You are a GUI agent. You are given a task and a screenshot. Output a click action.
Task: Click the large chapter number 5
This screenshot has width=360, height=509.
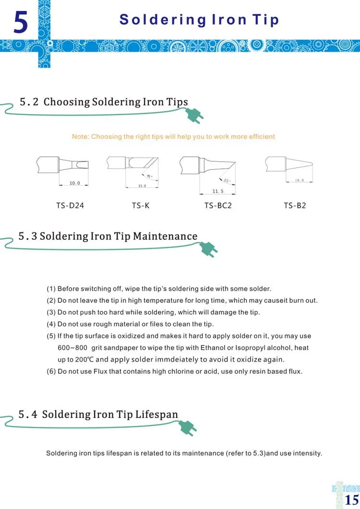[x=21, y=23]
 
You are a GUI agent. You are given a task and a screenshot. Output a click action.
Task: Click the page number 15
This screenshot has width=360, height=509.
[x=352, y=500]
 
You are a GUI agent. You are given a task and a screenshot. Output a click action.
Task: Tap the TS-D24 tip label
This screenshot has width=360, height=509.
[x=70, y=205]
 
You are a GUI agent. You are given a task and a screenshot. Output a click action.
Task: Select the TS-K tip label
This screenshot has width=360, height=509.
[x=141, y=205]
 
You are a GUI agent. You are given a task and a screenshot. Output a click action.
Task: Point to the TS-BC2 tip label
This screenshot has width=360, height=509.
[x=218, y=205]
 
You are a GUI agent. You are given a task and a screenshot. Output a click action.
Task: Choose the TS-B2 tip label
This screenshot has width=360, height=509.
[x=295, y=205]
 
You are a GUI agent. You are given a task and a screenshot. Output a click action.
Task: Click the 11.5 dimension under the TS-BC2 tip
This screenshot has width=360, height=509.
[x=218, y=191]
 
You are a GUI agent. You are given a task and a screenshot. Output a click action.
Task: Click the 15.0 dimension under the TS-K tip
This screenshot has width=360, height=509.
[x=142, y=186]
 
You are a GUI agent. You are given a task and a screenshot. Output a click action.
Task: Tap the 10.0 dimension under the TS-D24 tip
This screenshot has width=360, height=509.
[x=75, y=183]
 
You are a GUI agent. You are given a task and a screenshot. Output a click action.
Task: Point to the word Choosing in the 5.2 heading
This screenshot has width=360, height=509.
[x=67, y=102]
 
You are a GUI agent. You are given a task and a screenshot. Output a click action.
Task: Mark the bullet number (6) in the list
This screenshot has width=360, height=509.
[x=51, y=371]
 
